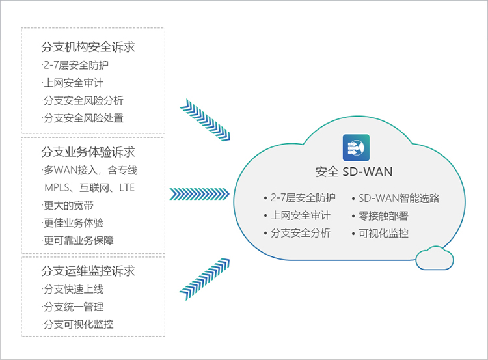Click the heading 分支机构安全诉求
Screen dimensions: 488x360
point(88,47)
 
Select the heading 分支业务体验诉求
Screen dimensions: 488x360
point(88,152)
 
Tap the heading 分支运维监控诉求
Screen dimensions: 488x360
point(88,271)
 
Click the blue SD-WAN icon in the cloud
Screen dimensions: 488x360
point(356,148)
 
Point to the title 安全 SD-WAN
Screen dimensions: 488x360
point(354,172)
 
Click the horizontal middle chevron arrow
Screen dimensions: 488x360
point(200,194)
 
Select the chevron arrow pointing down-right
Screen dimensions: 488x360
point(205,120)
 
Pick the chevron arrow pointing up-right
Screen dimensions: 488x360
point(204,279)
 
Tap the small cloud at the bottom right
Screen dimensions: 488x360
point(435,258)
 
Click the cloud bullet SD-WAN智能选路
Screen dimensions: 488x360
point(399,198)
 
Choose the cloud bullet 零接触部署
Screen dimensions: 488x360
point(383,216)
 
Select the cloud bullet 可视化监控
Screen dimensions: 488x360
point(383,233)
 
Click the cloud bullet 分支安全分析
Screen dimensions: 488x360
point(301,233)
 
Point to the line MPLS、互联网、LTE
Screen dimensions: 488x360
point(90,187)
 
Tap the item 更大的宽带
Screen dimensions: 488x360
point(68,205)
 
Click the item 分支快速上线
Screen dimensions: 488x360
point(74,289)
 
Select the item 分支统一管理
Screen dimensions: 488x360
point(74,307)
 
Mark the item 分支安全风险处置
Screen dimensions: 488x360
point(83,118)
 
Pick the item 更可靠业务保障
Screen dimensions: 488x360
point(79,240)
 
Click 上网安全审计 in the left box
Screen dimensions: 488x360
point(74,83)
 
